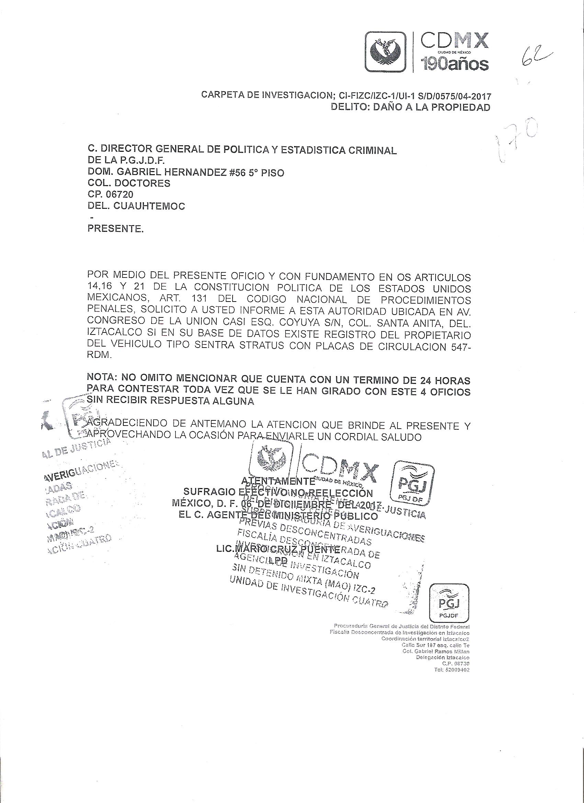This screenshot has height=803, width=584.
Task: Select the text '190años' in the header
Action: click(454, 64)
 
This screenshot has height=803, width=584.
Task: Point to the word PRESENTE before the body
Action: click(115, 229)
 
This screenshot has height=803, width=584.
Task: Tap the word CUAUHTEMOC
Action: click(149, 206)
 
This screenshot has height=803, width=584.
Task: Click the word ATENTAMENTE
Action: click(278, 481)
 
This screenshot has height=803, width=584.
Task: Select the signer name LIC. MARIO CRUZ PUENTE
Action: click(278, 550)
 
